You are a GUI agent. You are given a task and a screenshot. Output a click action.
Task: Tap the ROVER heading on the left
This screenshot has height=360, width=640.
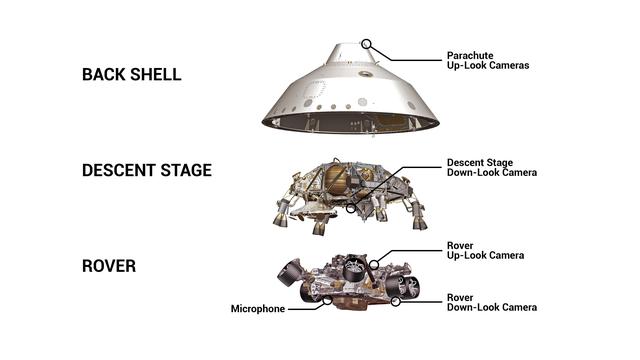109,267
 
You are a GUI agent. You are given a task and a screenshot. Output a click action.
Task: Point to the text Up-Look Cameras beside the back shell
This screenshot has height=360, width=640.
488,66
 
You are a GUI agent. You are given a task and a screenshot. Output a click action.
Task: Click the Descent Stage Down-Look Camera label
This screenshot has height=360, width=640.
491,167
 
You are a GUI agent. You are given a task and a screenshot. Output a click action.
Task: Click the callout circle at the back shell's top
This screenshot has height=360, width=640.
367,44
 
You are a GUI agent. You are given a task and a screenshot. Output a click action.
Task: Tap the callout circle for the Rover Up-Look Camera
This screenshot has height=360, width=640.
373,267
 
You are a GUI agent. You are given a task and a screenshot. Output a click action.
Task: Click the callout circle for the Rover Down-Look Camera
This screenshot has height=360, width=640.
396,299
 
